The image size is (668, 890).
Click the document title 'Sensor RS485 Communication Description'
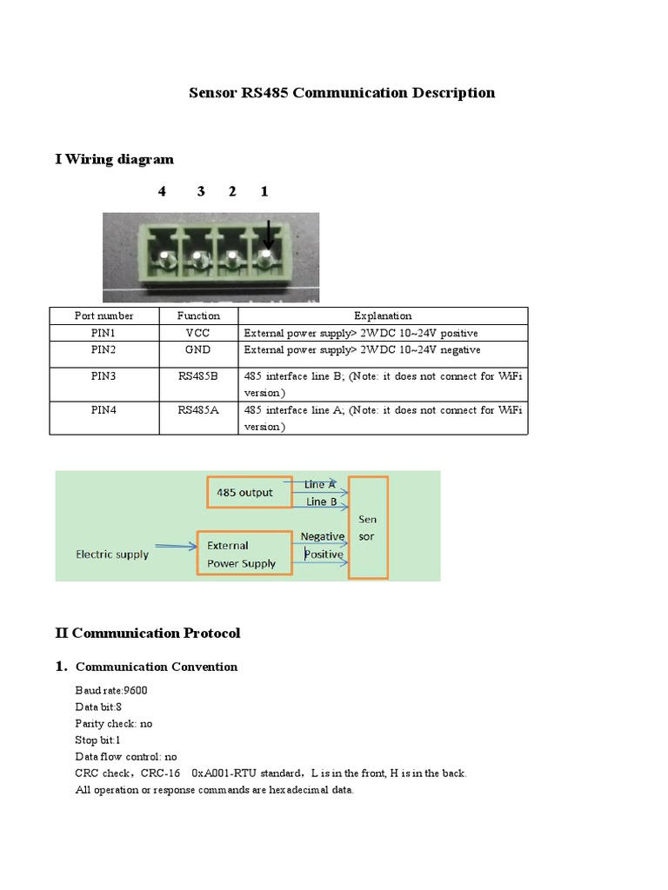click(x=342, y=93)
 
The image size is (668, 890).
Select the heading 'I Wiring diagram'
click(x=114, y=159)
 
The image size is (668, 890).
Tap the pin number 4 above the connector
click(x=162, y=191)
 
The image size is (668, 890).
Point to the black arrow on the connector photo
click(x=268, y=236)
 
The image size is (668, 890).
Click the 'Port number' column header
click(x=104, y=315)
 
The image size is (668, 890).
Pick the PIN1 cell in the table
click(x=104, y=333)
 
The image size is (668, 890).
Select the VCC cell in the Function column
click(x=198, y=333)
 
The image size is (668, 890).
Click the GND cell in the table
click(x=198, y=349)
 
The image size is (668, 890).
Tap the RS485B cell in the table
click(x=198, y=376)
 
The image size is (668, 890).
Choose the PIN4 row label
click(x=104, y=409)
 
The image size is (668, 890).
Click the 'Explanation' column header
click(x=383, y=315)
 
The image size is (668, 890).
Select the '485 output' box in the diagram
click(x=244, y=493)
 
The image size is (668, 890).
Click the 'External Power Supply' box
click(x=244, y=555)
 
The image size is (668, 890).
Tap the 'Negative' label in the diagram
click(x=322, y=536)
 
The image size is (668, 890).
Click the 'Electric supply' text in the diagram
click(x=112, y=554)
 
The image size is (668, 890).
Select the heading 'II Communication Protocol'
click(x=147, y=633)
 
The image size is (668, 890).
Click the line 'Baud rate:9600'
click(x=111, y=690)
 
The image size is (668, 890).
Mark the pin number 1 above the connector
click(x=264, y=191)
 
